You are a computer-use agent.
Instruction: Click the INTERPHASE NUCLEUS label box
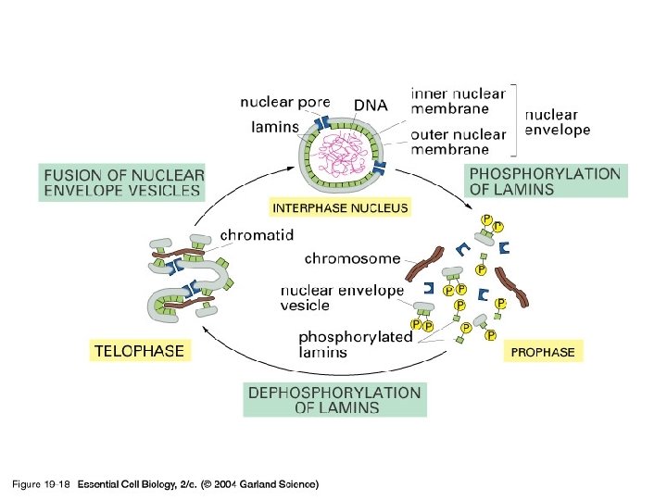339,208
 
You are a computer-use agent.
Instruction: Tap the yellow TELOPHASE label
139,351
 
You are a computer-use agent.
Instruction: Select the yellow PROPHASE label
543,352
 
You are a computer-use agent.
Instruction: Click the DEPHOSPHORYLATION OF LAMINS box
334,400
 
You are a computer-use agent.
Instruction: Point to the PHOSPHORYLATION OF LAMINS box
546,181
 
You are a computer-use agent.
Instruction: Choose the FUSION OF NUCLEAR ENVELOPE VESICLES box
123,181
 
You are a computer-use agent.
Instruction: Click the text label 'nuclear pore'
285,103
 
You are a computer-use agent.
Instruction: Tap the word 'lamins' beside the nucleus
275,127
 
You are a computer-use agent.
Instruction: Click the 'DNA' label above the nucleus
371,106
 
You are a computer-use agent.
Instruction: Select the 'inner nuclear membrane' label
459,100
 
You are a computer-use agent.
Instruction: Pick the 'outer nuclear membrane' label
459,142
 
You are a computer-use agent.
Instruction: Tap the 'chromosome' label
352,258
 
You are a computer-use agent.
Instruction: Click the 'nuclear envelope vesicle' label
342,298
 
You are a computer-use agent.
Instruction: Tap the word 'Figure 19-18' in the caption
41,484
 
